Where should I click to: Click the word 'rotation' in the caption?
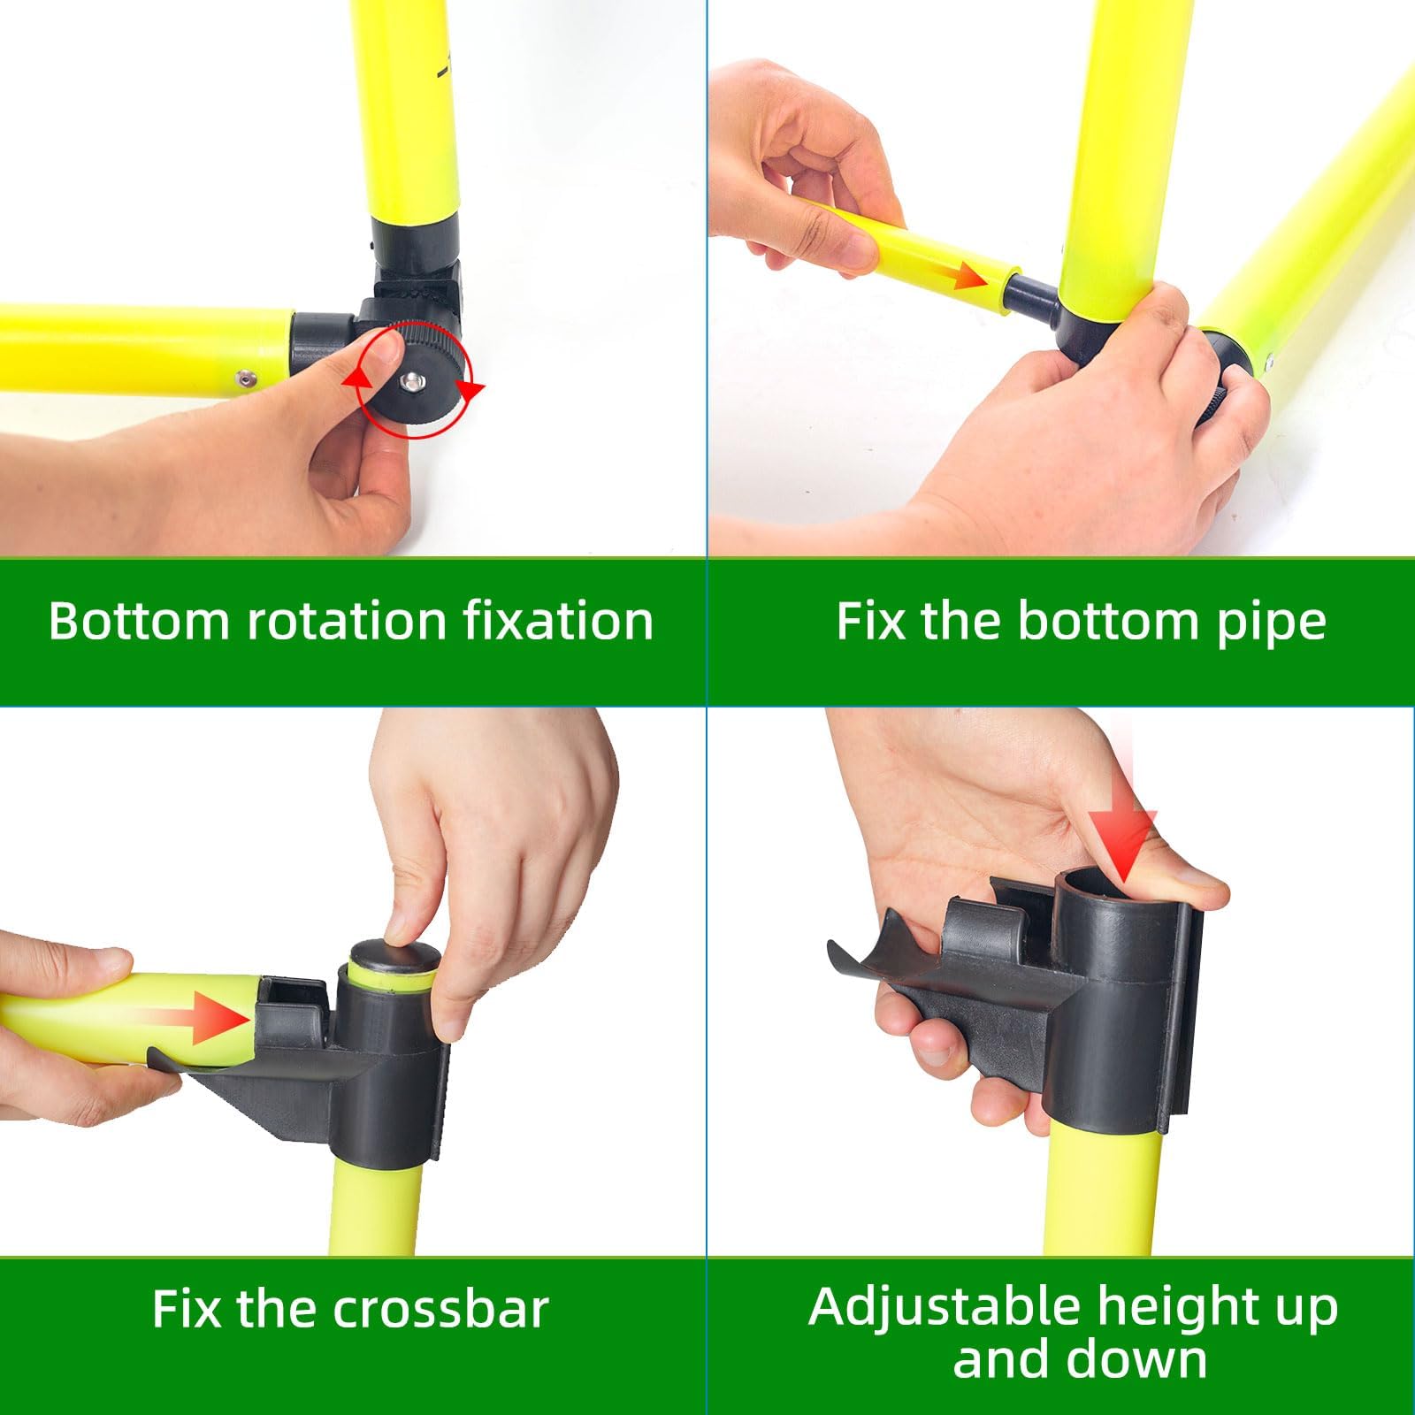pyautogui.click(x=346, y=621)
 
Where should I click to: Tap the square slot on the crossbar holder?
pyautogui.click(x=288, y=994)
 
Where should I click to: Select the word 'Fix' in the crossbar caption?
pyautogui.click(x=186, y=1309)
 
